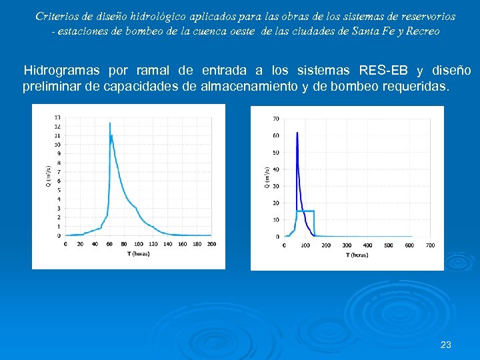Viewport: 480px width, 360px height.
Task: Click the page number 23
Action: pyautogui.click(x=446, y=345)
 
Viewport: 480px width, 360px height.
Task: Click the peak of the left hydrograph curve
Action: pyautogui.click(x=109, y=123)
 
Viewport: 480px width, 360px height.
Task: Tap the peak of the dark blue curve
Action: pyautogui.click(x=297, y=133)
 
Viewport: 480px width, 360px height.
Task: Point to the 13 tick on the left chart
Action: pyautogui.click(x=57, y=117)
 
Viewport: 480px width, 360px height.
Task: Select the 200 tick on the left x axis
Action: pyautogui.click(x=211, y=244)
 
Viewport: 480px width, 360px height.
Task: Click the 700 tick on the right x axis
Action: pyautogui.click(x=430, y=245)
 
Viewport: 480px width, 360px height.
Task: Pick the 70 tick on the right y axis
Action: pyautogui.click(x=276, y=119)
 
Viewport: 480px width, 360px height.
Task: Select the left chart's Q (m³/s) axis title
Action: pyautogui.click(x=48, y=176)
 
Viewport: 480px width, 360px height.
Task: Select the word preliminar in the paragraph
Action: pyautogui.click(x=53, y=87)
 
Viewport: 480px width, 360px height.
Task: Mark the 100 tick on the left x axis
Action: pyautogui.click(x=138, y=244)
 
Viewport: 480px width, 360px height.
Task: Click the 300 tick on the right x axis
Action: pyautogui.click(x=347, y=245)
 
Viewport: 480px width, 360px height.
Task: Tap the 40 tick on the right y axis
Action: pyautogui.click(x=276, y=169)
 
